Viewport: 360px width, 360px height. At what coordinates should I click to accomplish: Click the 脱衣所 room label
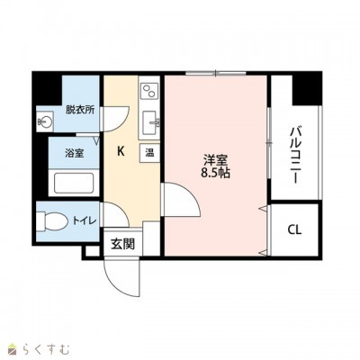coord(80,110)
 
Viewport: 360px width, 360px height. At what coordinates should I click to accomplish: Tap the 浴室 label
coord(75,153)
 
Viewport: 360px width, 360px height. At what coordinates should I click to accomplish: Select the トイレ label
coord(85,221)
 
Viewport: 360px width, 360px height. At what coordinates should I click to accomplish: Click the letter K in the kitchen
coord(121,152)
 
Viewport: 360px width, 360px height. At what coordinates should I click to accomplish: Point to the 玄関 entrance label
coord(122,244)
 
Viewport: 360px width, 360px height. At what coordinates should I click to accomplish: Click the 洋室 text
coord(215,160)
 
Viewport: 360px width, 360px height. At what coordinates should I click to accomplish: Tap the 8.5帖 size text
coord(215,173)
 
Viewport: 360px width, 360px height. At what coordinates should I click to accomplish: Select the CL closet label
coord(294,230)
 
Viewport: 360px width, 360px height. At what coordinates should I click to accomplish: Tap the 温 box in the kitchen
coord(149,153)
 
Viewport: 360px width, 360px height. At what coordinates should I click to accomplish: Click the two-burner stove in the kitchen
coord(149,91)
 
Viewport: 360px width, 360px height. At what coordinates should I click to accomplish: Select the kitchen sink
coord(150,123)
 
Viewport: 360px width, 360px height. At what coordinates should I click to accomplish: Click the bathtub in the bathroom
coord(74,184)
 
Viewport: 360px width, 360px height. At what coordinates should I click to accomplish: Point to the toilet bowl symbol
coord(51,222)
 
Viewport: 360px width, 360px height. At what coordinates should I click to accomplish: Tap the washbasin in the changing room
coord(45,121)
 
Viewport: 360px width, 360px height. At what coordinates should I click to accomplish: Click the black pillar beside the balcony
coord(307,88)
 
